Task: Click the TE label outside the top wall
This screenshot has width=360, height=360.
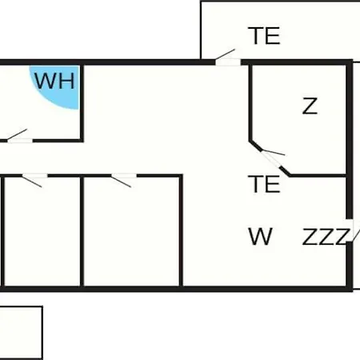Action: pos(264,35)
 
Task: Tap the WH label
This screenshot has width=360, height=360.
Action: pos(54,81)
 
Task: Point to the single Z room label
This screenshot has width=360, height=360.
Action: pos(310,106)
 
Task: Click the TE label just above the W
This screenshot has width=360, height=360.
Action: pos(264,184)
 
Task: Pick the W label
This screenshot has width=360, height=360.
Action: pos(260,236)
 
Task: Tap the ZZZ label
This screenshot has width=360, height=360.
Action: pos(326,237)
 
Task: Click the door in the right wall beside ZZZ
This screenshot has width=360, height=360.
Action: pos(351,230)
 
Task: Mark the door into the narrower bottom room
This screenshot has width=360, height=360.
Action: pos(34,179)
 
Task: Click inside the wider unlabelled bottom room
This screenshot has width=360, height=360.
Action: pos(132,232)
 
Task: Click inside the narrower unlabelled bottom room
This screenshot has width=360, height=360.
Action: pos(42,232)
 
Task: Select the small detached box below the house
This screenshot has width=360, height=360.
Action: pos(21,333)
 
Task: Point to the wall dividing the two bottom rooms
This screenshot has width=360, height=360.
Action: pos(82,231)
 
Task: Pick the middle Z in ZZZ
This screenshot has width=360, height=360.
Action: pos(326,237)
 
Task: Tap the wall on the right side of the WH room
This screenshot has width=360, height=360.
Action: pos(82,102)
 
